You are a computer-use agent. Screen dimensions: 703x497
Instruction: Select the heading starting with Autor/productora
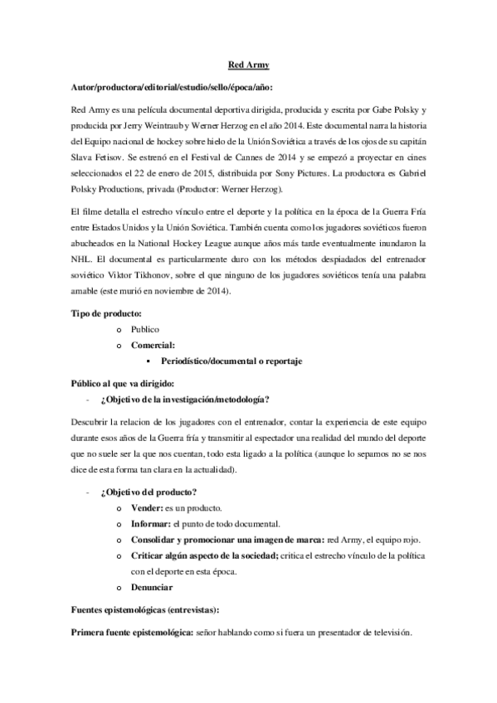click(168, 87)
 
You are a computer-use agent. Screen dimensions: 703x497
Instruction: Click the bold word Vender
click(149, 507)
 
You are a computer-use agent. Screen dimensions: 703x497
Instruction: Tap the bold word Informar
click(152, 523)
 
